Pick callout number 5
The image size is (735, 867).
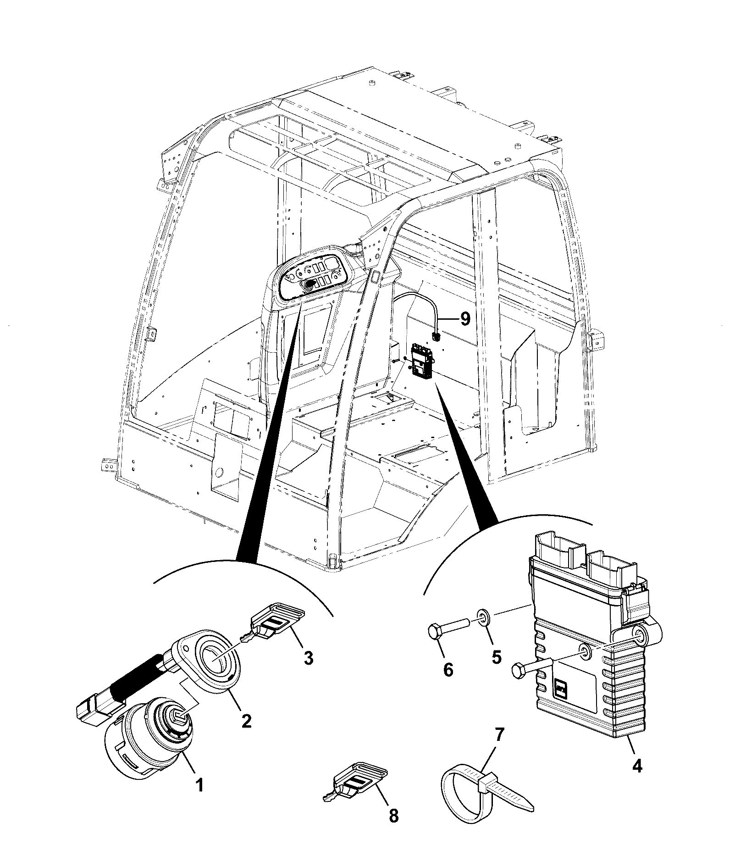(x=497, y=657)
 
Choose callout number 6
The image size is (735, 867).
(x=448, y=670)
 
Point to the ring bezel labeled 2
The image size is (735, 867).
(x=217, y=664)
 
